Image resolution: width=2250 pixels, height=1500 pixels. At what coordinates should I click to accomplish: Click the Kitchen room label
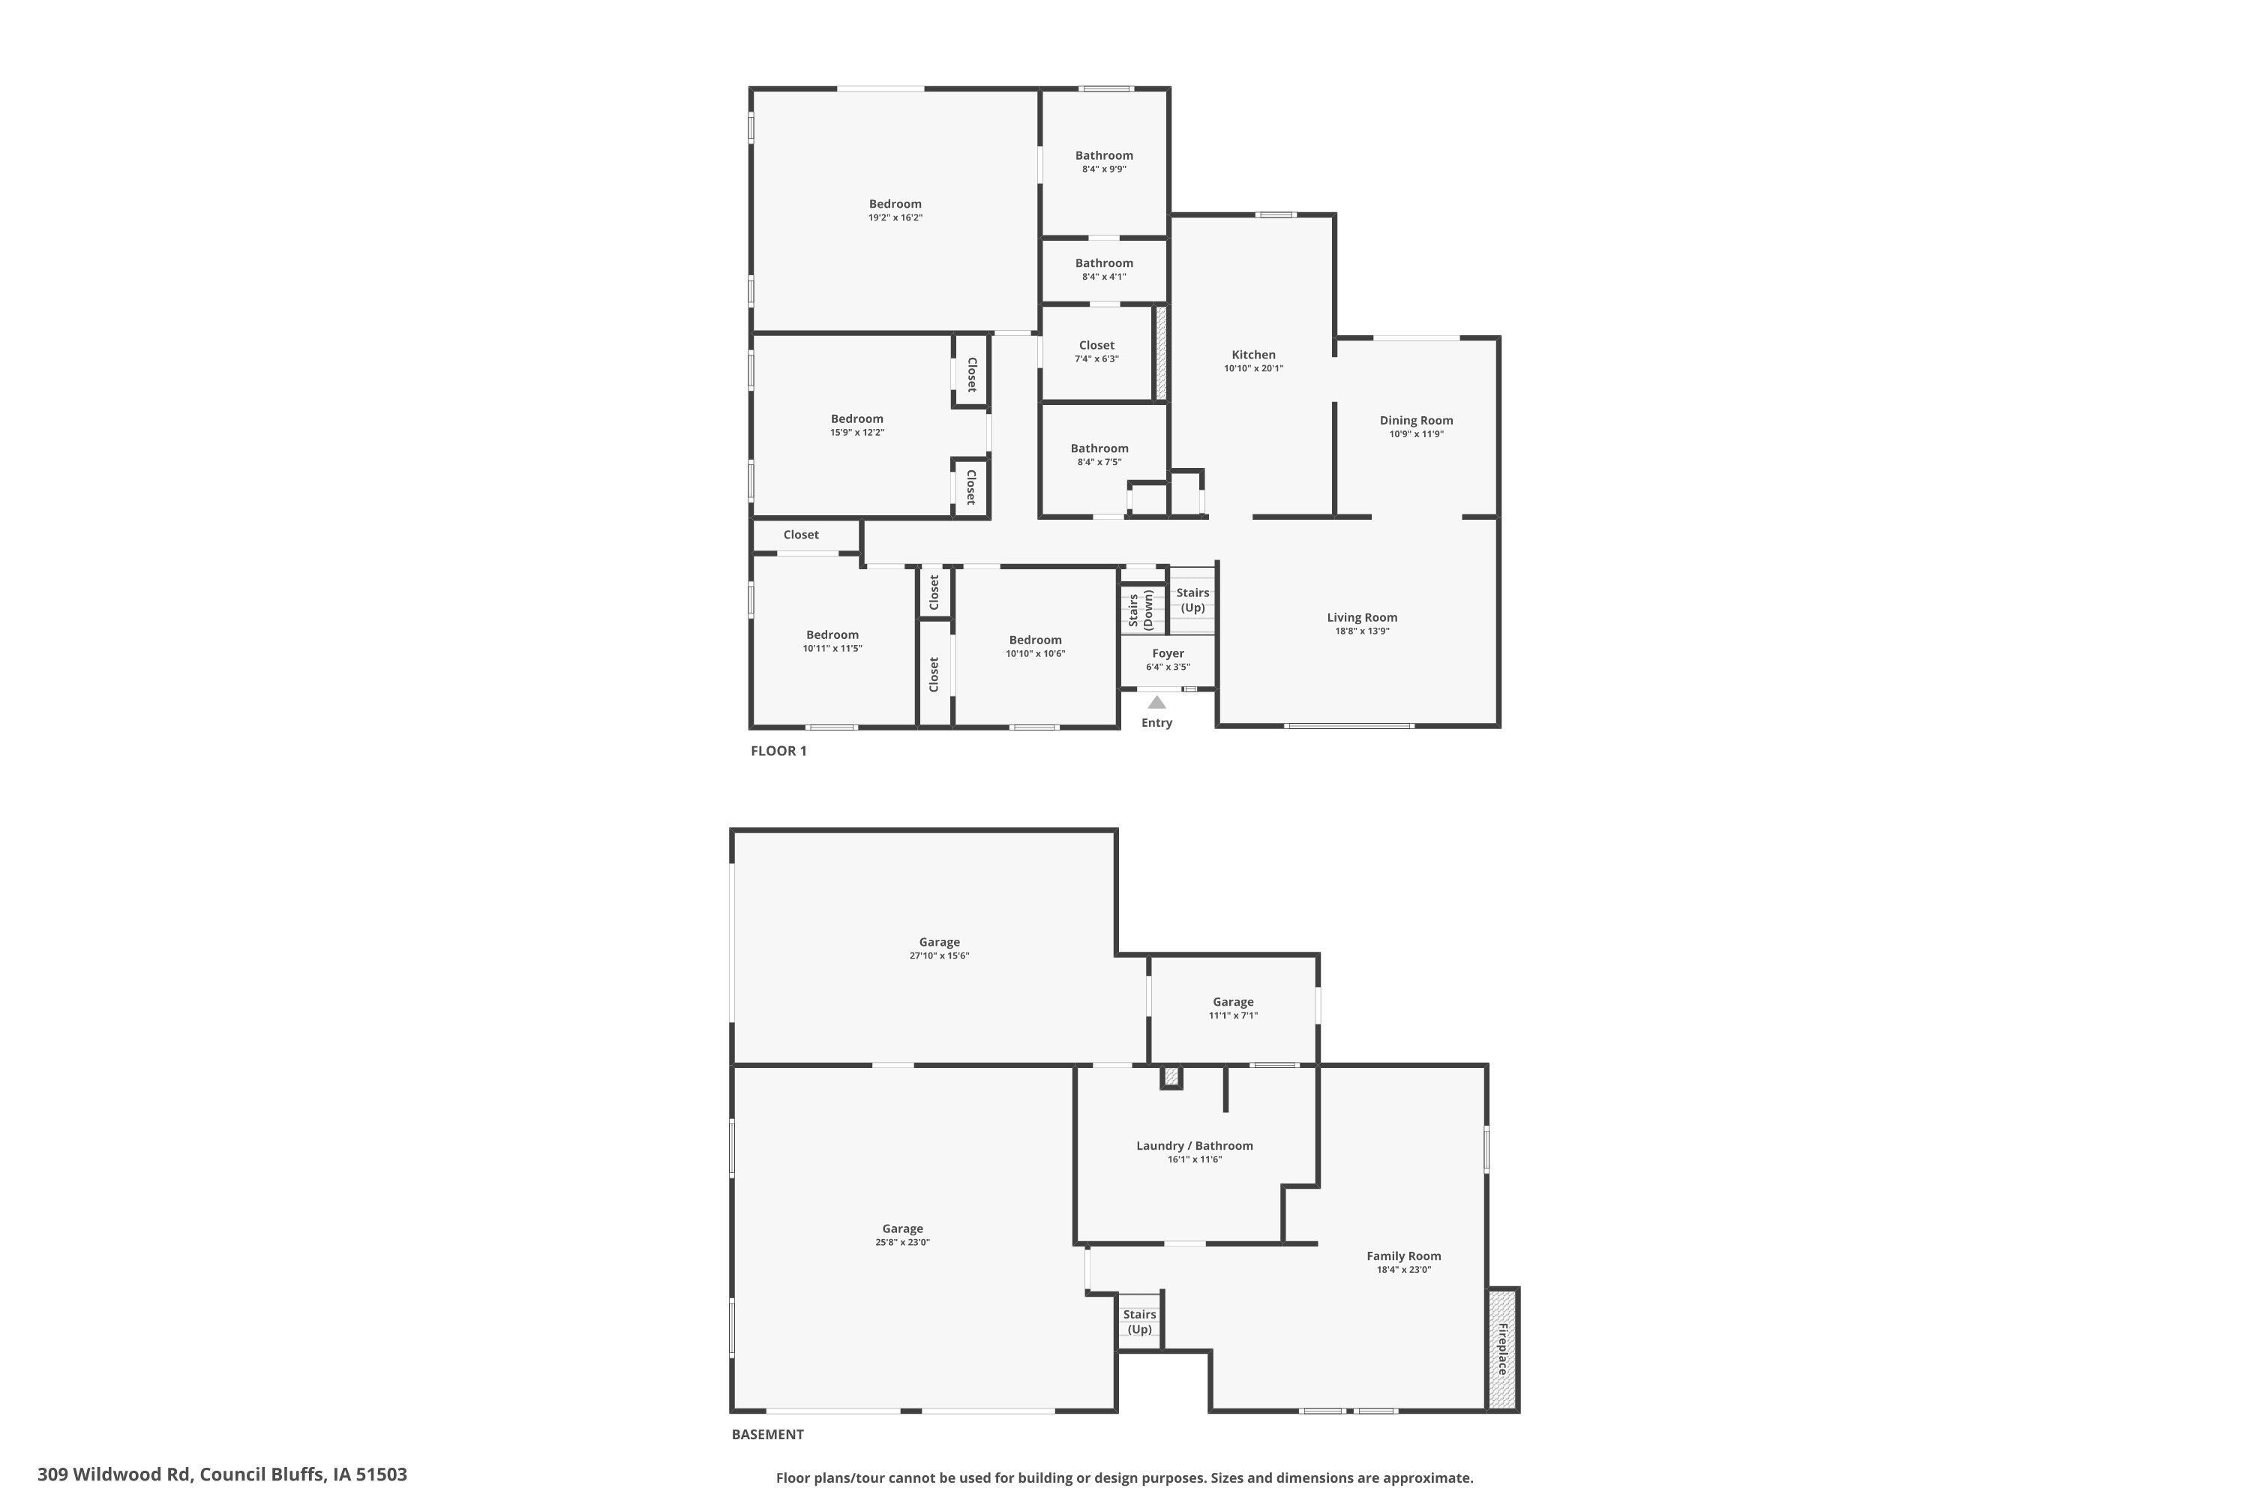pos(1253,355)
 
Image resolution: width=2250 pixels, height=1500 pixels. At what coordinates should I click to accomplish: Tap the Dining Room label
pos(1416,420)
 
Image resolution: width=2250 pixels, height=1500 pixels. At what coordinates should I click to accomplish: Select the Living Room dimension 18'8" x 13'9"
pos(1361,631)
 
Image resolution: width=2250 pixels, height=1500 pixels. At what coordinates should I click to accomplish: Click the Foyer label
pos(1168,653)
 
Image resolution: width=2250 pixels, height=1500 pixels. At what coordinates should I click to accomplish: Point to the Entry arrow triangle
pos(1156,702)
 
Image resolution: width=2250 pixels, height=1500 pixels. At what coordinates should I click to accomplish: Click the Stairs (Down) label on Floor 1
pos(1140,609)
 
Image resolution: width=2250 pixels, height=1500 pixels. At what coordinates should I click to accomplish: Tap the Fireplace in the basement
pos(1502,1348)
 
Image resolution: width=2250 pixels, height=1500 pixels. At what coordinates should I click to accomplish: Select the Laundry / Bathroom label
pos(1194,1145)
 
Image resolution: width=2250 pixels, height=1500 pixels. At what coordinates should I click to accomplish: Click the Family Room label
pos(1403,1256)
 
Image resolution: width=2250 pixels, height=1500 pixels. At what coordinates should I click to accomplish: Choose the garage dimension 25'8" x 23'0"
pos(902,1243)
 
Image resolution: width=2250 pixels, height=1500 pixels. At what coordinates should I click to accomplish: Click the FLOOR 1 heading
pos(778,751)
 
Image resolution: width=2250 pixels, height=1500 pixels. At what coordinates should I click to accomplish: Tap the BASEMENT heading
pos(767,1434)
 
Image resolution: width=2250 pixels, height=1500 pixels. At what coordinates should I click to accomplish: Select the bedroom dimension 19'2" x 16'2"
pos(895,218)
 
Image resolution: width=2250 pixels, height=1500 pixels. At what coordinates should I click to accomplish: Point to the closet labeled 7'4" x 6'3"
pos(1096,351)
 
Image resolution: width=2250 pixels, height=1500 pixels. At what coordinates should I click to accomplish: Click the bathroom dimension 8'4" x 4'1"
pos(1104,277)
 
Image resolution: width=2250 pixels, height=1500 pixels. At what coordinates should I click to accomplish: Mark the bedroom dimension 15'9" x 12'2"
pos(856,433)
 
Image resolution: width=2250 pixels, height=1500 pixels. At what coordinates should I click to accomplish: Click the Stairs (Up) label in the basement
pos(1139,1322)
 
